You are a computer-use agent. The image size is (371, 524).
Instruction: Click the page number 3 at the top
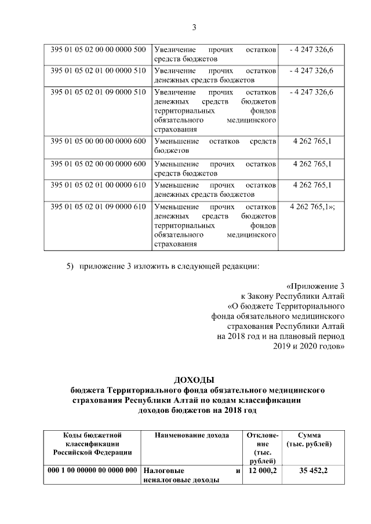195,27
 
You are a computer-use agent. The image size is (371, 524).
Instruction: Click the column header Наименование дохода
192,435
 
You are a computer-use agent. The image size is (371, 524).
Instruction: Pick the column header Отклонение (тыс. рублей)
262,448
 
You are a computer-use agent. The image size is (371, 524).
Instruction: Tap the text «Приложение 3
316,285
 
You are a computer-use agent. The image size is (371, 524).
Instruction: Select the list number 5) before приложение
70,266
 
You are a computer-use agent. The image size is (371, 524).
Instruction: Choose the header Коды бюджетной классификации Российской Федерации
93,444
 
